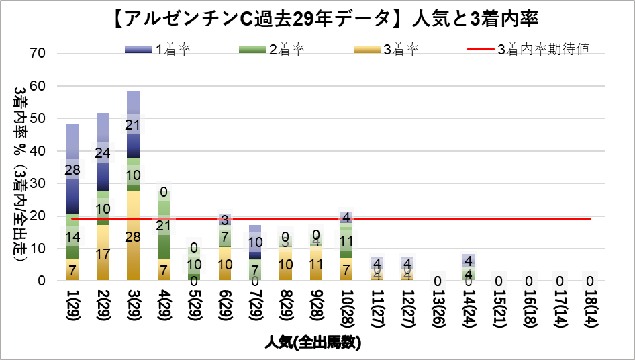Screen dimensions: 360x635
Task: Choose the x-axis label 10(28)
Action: pyautogui.click(x=346, y=309)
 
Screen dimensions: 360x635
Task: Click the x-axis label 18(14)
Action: pyautogui.click(x=591, y=309)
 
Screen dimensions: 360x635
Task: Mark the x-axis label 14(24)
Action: pyautogui.click(x=469, y=309)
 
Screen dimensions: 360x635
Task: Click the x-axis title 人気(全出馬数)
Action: pyautogui.click(x=315, y=343)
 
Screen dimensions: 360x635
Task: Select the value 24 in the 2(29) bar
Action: pyautogui.click(x=103, y=152)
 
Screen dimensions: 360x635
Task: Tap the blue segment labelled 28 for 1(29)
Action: pyautogui.click(x=72, y=169)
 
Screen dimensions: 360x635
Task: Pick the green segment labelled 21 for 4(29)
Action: pyautogui.click(x=164, y=226)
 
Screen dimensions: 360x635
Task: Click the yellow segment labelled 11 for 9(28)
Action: pyautogui.click(x=316, y=263)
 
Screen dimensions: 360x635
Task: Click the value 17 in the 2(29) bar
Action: pyautogui.click(x=103, y=254)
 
